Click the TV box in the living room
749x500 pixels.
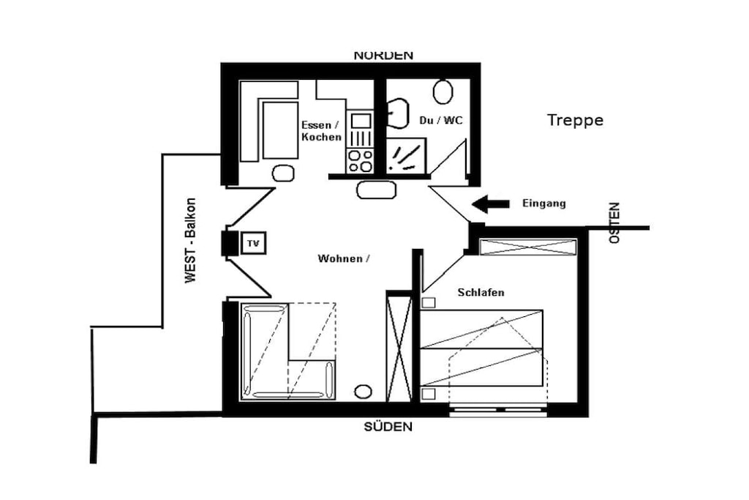point(253,243)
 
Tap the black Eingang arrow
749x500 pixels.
point(491,204)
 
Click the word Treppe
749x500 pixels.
point(575,120)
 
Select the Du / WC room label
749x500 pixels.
point(441,120)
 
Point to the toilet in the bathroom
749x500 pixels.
point(443,92)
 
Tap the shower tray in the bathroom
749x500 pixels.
point(405,156)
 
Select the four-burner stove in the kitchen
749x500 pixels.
point(360,160)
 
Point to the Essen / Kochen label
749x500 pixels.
point(322,131)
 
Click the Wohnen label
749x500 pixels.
point(344,258)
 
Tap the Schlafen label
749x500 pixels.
point(481,292)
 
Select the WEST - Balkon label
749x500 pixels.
point(191,240)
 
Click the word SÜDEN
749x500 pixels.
point(388,426)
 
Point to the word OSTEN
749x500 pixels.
point(614,223)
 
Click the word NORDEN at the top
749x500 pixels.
point(383,56)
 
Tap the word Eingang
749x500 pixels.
point(544,204)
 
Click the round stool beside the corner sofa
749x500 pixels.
point(363,392)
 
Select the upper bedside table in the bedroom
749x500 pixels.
point(429,302)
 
